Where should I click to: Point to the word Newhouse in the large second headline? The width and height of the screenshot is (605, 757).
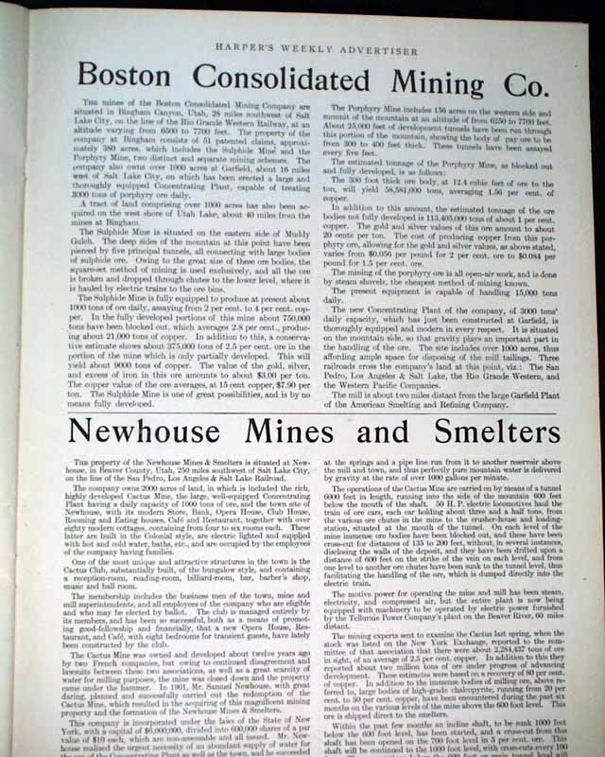[157, 431]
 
